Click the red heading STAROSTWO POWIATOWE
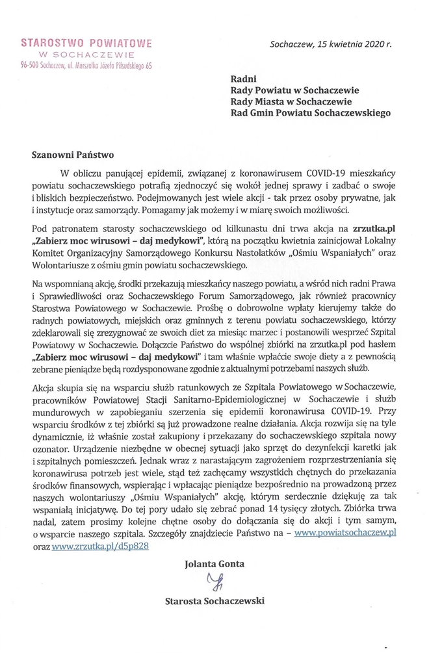pos(86,43)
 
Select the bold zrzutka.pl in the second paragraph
pos(371,229)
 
